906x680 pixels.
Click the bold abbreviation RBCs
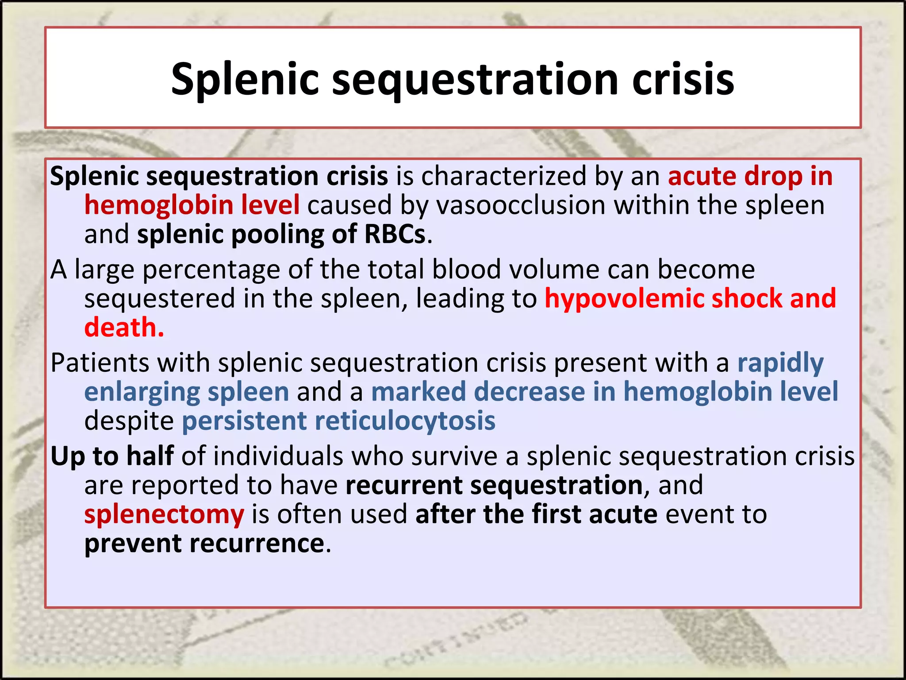395,234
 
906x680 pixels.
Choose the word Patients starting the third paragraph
100,363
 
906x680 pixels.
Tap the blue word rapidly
780,364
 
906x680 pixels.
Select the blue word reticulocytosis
405,421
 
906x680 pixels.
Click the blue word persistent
244,421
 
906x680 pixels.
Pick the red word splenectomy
164,514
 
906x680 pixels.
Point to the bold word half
150,456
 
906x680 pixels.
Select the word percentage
211,270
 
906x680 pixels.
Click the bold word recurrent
403,485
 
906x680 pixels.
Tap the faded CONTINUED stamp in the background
456,642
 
